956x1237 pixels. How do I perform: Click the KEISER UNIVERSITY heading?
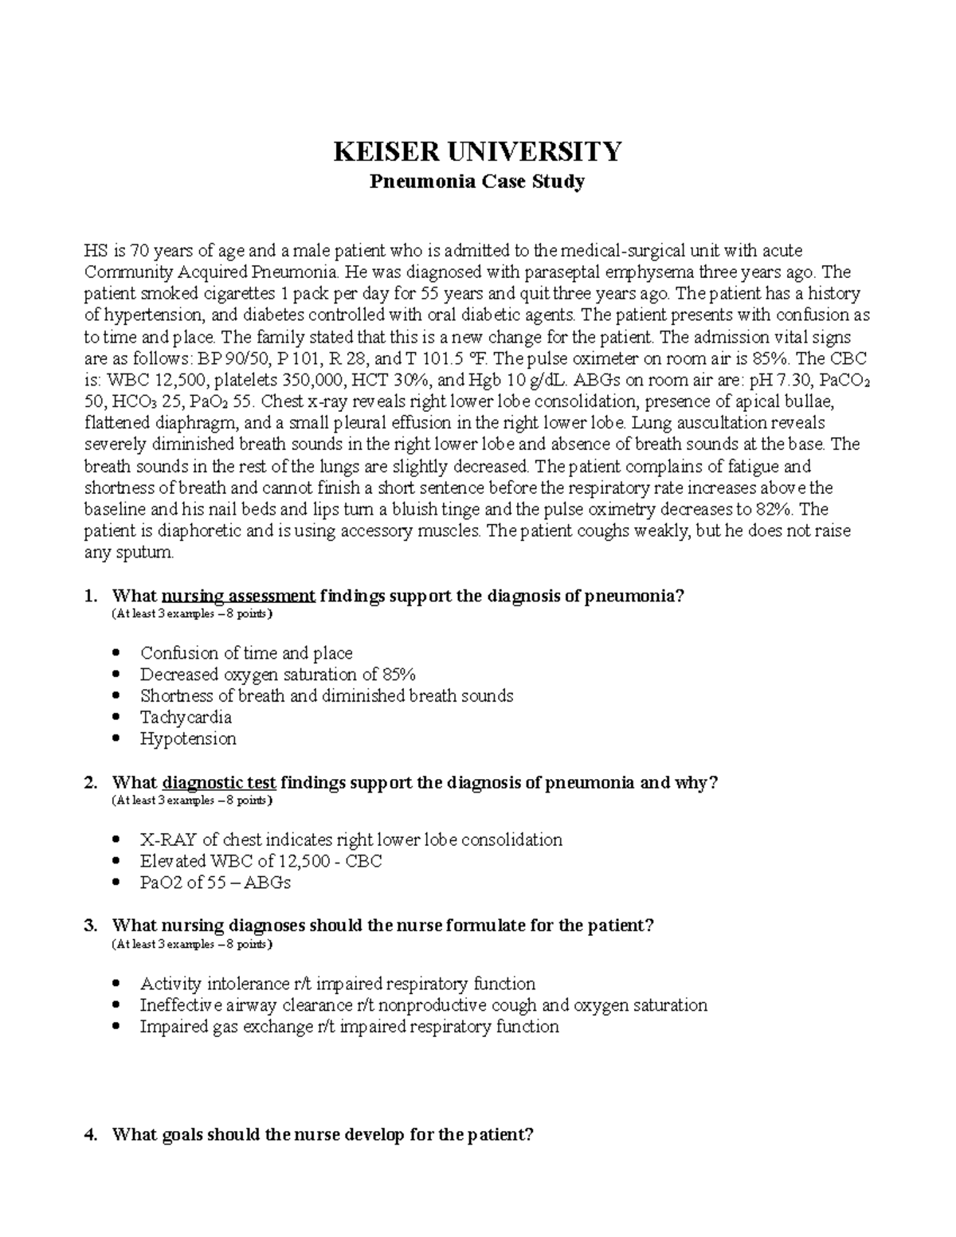(476, 151)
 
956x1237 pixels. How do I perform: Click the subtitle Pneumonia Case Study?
(476, 182)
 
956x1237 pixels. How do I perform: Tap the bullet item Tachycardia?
(186, 718)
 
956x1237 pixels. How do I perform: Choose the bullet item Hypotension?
(188, 739)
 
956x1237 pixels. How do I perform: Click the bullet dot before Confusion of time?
(118, 653)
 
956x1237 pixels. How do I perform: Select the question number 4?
(90, 1135)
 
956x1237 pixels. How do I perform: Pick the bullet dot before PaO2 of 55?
(118, 883)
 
